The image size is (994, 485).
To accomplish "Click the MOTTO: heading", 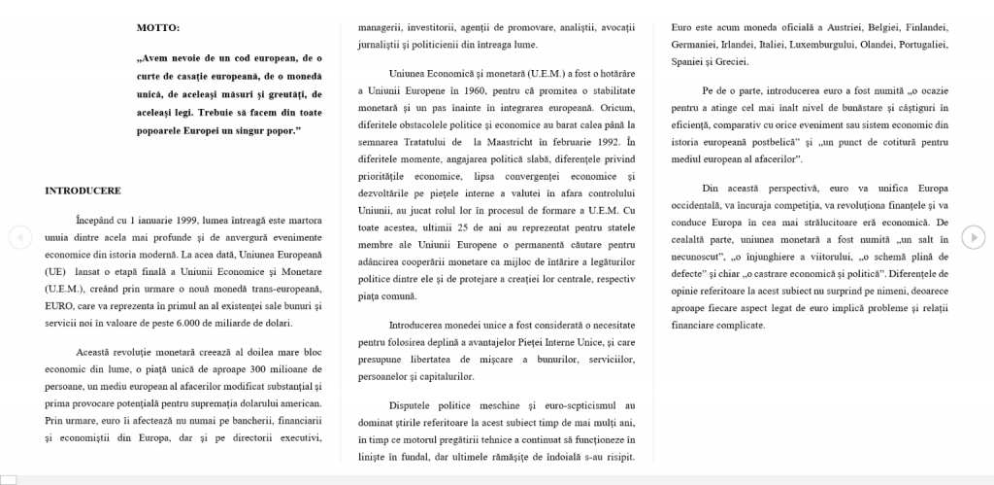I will coord(157,28).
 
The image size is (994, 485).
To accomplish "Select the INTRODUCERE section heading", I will coord(83,191).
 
